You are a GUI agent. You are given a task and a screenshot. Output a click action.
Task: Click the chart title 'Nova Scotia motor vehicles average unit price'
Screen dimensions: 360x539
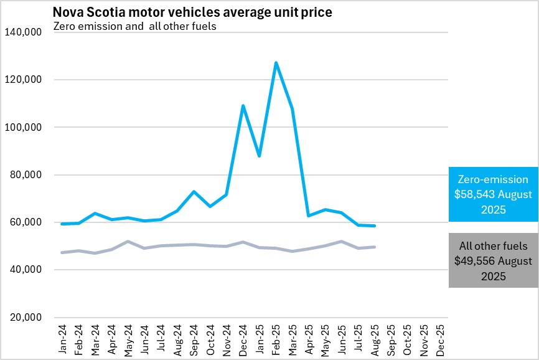[x=192, y=12]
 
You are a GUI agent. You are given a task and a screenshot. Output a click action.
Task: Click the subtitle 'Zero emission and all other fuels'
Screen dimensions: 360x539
[x=135, y=26]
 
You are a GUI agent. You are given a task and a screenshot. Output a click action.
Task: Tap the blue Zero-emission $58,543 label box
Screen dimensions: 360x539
[x=494, y=194]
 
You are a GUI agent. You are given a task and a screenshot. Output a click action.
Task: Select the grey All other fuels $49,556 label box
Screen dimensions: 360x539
[x=494, y=260]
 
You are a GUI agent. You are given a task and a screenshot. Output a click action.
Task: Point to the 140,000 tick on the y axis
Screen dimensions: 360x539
[x=22, y=32]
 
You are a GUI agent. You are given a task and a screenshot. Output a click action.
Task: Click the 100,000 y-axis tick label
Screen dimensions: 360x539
[x=22, y=127]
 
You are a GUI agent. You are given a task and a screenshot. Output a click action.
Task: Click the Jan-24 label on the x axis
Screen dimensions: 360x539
[x=63, y=339]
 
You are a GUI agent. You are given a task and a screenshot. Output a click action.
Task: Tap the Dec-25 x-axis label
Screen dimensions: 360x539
[x=441, y=339]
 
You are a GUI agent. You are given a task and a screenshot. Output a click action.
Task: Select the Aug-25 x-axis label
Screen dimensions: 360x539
[x=375, y=339]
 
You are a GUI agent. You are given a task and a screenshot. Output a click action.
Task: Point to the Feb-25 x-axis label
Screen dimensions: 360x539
[x=276, y=339]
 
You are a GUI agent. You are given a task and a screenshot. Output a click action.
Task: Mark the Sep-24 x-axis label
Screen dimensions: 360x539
[x=194, y=339]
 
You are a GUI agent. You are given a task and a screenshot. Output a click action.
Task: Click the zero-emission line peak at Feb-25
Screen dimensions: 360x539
[x=276, y=62]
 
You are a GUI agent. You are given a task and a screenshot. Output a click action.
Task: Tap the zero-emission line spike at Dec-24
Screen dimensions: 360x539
[x=243, y=105]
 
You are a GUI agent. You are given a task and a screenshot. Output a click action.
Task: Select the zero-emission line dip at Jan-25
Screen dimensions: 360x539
[x=259, y=156]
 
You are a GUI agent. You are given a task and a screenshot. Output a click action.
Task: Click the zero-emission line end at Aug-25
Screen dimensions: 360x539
[x=375, y=225]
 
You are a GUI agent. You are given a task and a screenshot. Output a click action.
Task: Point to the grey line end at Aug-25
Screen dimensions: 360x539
[x=375, y=247]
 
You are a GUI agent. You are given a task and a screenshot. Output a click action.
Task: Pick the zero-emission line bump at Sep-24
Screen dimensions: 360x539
[x=194, y=191]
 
